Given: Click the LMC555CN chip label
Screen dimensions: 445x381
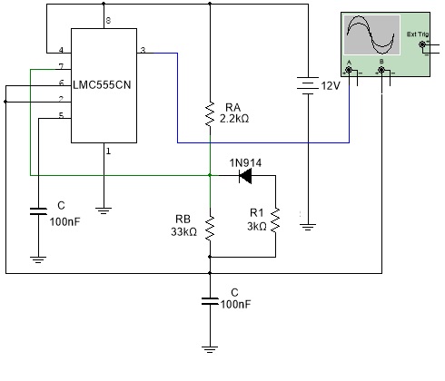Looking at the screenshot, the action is [x=102, y=85].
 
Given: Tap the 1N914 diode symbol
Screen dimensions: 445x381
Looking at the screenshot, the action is [x=245, y=176].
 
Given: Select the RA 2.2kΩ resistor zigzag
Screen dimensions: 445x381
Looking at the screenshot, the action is [x=210, y=114].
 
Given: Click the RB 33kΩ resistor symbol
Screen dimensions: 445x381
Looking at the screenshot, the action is [x=210, y=228].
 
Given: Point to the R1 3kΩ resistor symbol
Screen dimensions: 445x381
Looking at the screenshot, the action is [x=275, y=220].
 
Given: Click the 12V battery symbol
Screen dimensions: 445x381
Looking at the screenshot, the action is [x=308, y=85].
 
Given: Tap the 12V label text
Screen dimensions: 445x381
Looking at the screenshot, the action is [x=331, y=86].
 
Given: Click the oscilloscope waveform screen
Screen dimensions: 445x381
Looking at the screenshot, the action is [x=371, y=34].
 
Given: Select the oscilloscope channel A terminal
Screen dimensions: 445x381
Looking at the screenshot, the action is [x=349, y=71].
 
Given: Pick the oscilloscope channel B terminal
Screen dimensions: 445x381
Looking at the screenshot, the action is [x=381, y=71].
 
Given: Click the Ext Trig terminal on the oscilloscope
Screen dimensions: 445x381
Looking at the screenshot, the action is [x=422, y=44].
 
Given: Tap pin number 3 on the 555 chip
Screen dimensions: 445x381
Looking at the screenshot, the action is [x=143, y=50].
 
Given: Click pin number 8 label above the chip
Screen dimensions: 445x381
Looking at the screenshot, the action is [x=108, y=21].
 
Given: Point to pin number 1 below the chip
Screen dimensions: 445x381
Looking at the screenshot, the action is [x=108, y=151].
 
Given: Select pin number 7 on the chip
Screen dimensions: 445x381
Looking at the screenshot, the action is [x=61, y=66].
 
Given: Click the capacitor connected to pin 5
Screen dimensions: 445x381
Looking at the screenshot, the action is [x=38, y=211].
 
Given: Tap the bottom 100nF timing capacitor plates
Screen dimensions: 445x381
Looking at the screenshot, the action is [x=210, y=301].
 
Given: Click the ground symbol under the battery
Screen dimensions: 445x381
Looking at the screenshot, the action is [x=308, y=227].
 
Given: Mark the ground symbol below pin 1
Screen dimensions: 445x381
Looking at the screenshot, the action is [x=104, y=210].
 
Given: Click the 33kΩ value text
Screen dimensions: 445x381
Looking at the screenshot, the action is [x=183, y=232].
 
